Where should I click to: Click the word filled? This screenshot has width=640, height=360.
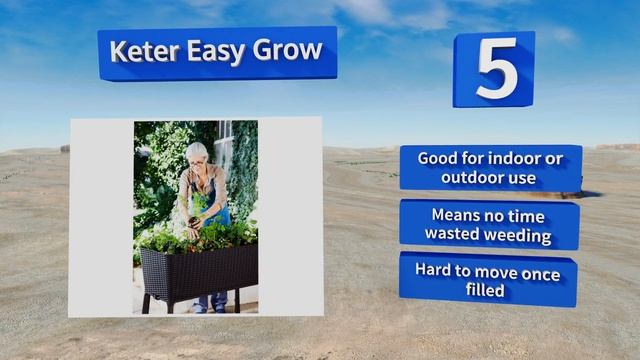489,291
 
